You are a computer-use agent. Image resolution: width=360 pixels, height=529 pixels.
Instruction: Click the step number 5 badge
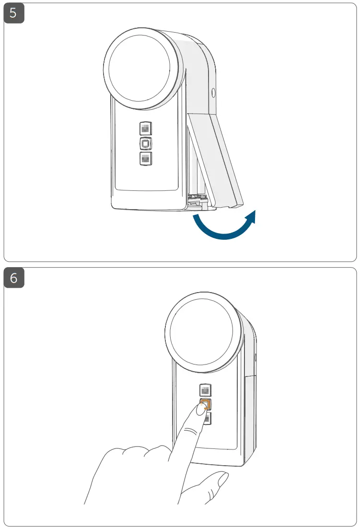pyautogui.click(x=13, y=13)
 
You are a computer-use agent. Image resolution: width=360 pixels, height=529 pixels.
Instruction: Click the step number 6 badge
pyautogui.click(x=13, y=279)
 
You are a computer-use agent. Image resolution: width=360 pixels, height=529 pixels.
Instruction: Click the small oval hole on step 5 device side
pyautogui.click(x=213, y=92)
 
